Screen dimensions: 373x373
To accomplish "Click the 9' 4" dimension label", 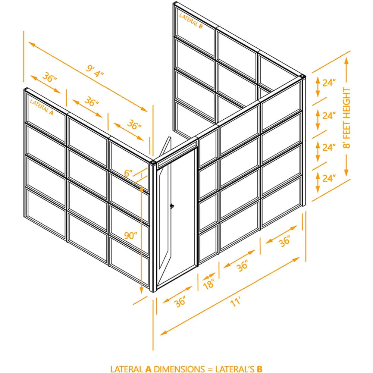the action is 95,71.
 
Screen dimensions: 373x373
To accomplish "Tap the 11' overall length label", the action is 236,302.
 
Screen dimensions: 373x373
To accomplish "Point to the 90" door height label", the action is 131,235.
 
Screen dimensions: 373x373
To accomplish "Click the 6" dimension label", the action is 128,173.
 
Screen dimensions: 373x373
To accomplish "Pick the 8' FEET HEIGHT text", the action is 347,118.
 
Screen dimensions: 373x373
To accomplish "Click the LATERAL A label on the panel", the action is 42,107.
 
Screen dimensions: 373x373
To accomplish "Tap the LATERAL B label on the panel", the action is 191,21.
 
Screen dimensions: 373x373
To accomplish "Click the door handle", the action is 172,206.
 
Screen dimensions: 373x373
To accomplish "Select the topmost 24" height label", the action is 329,83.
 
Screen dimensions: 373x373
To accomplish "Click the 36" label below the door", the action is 180,302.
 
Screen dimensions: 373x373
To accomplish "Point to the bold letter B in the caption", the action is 260,369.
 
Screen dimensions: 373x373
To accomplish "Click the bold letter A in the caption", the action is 148,369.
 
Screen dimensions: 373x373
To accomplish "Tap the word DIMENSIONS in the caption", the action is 179,369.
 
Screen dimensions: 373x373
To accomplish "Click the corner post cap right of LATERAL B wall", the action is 303,77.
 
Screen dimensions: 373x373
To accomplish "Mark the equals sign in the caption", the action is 210,369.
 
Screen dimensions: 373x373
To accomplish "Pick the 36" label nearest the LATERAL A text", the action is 50,77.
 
